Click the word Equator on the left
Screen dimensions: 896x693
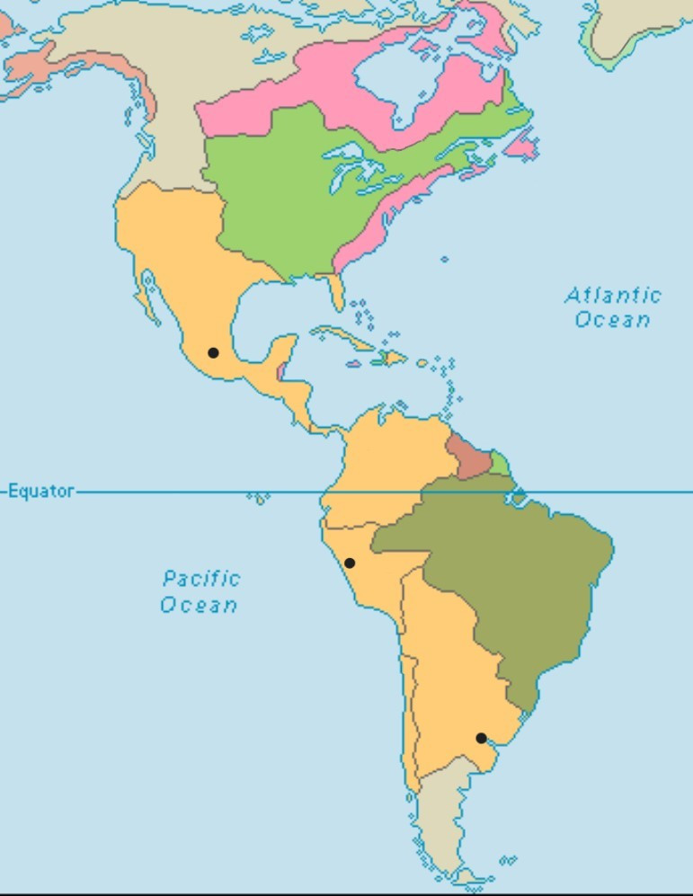tap(41, 492)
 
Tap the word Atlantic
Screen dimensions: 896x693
tap(613, 295)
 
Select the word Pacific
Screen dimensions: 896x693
tap(201, 578)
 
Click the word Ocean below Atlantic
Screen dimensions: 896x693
tap(613, 319)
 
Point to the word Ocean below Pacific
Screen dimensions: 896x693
tap(199, 604)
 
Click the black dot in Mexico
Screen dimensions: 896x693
tap(213, 352)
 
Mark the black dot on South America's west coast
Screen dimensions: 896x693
tap(350, 563)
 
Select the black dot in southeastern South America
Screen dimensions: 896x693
tap(481, 738)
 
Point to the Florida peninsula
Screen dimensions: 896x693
tap(337, 289)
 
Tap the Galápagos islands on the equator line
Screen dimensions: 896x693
tap(258, 497)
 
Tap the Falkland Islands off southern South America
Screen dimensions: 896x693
tap(508, 861)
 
